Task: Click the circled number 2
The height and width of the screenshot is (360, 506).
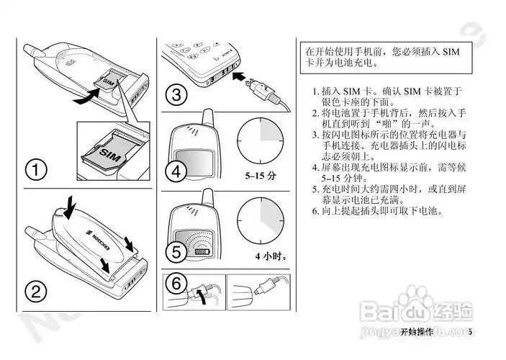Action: [36, 292]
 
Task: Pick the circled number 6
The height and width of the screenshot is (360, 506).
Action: [176, 283]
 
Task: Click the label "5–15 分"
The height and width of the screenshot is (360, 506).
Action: [261, 175]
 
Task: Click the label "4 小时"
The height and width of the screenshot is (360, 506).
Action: [270, 256]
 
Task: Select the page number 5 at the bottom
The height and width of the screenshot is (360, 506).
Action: [469, 332]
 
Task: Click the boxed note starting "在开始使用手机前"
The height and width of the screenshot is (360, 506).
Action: [382, 58]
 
